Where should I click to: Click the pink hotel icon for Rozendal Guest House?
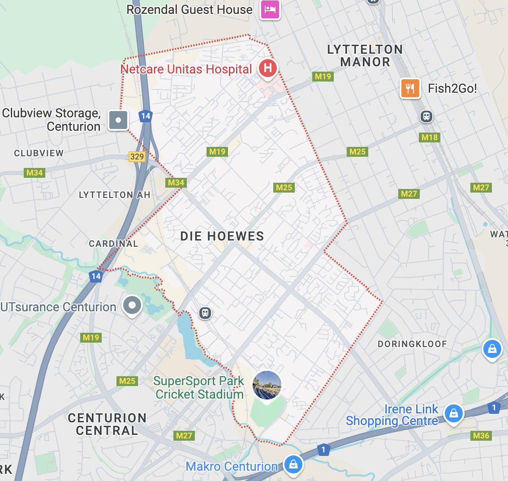tap(271, 9)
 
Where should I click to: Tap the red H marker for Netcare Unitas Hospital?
tap(267, 69)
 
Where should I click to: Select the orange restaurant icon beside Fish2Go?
tap(410, 88)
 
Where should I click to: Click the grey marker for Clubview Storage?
tap(118, 120)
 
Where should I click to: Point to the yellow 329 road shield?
tap(137, 156)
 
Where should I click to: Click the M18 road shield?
tap(430, 137)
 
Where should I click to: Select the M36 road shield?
tap(481, 435)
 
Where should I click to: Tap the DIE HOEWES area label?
tap(222, 236)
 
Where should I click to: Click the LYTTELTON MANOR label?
tap(365, 56)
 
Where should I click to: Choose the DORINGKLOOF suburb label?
tap(412, 344)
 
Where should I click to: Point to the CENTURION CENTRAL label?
tap(107, 424)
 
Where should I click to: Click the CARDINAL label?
tap(113, 244)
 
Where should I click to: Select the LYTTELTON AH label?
tap(114, 195)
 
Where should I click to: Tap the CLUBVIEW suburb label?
tap(39, 153)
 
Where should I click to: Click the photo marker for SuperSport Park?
tap(267, 385)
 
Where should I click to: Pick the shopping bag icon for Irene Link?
tap(453, 413)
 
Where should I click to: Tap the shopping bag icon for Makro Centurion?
tap(293, 464)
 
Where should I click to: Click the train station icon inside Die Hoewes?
tap(205, 313)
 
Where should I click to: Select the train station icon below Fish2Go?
tap(426, 116)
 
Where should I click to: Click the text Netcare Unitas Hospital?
tap(186, 69)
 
